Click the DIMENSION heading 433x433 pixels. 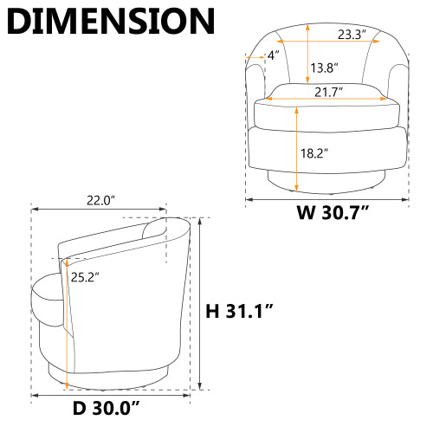click(111, 22)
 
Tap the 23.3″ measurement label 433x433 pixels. click(352, 35)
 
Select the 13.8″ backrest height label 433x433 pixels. click(324, 68)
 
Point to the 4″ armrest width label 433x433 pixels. click(274, 55)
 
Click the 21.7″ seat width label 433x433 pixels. click(328, 92)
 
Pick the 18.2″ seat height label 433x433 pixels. click(314, 153)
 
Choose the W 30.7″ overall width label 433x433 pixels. click(333, 213)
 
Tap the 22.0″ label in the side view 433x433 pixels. click(101, 200)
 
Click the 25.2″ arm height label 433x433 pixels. click(85, 277)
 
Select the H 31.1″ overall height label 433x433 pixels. click(239, 311)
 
